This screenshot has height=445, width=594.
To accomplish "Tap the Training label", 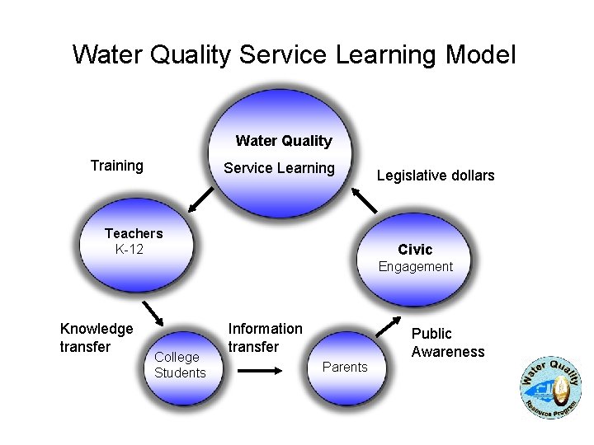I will point(116,166).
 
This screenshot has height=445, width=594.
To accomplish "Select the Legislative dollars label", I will point(436,176).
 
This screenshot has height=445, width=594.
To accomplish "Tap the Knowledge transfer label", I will point(97,338).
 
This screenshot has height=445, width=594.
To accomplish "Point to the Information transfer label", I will point(265,338).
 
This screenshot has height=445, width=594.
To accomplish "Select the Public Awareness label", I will point(448,343).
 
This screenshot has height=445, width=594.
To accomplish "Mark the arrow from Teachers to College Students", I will point(151,314).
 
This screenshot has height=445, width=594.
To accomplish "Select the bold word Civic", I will point(415,249).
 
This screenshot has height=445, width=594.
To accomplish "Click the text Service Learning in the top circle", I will point(280,168).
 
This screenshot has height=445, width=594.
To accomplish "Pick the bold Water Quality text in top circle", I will point(284,141).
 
